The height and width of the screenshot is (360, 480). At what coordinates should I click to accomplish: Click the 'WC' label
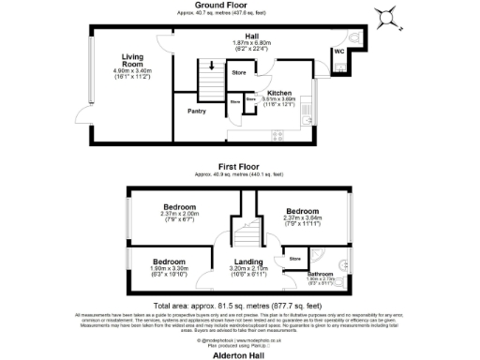click(x=338, y=52)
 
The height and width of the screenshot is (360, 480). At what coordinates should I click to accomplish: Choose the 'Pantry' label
click(x=196, y=112)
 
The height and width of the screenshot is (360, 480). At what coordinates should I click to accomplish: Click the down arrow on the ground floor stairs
click(x=212, y=67)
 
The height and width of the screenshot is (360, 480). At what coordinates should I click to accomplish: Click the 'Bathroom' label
click(x=320, y=273)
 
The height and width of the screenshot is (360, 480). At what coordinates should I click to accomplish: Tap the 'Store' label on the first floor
click(x=294, y=257)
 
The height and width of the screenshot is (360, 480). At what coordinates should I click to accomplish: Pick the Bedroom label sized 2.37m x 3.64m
click(x=302, y=211)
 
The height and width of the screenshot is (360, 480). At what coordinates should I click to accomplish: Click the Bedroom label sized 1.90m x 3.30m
click(x=169, y=262)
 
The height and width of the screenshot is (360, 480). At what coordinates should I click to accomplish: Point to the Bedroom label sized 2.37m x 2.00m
click(x=179, y=206)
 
